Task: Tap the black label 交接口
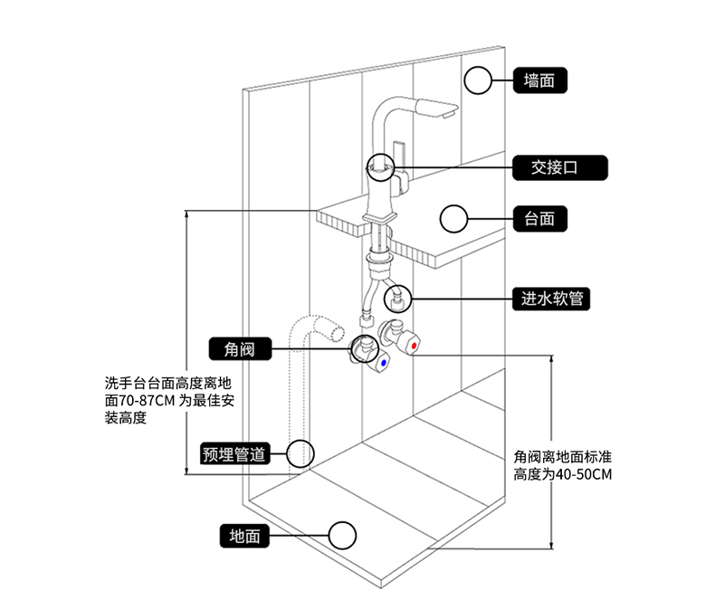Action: click(x=555, y=167)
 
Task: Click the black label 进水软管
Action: click(x=551, y=298)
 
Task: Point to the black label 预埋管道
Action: click(x=234, y=453)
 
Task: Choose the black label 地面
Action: click(x=244, y=536)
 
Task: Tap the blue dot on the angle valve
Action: click(x=385, y=364)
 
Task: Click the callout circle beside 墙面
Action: click(x=477, y=81)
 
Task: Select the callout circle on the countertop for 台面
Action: click(x=452, y=218)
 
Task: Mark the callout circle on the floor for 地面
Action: click(x=342, y=536)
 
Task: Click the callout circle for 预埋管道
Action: click(x=300, y=453)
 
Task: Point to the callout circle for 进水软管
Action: click(x=397, y=298)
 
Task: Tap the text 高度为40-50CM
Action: click(x=563, y=474)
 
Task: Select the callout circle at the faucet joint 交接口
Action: click(x=380, y=167)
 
